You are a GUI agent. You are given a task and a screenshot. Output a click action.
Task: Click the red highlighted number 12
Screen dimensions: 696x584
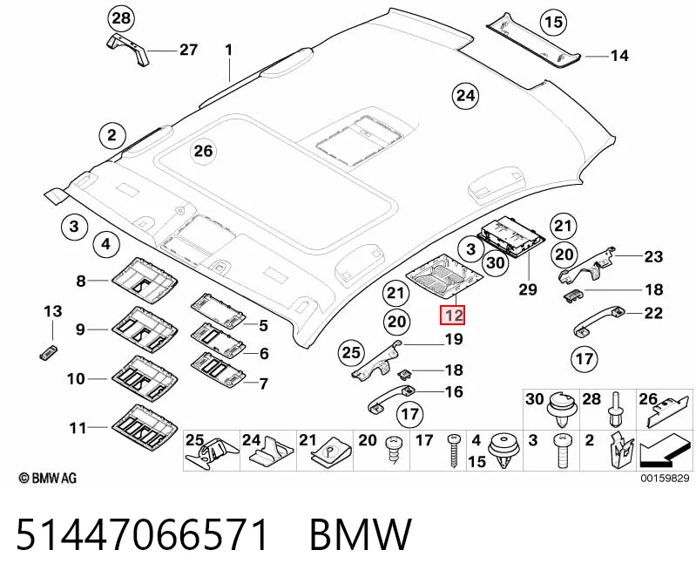pos(452,316)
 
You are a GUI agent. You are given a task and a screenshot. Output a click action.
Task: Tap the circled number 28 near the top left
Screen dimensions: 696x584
pos(121,18)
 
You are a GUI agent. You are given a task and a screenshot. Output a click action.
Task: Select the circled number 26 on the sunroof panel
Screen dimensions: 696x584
pos(203,151)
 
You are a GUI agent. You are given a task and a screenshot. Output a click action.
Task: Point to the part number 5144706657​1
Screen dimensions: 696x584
pos(143,533)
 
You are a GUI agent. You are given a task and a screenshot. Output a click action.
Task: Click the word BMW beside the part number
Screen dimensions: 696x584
pos(361,533)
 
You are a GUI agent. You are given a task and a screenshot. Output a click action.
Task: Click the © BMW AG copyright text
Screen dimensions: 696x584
pos(48,478)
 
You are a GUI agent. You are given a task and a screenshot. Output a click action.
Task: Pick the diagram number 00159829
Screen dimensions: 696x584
pos(665,478)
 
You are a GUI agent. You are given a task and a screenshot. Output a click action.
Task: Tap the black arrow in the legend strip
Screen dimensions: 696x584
pos(665,451)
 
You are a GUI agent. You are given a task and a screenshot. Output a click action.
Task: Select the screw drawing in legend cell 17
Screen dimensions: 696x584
pos(454,451)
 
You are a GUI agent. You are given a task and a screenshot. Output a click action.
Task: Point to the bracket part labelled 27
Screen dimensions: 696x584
pos(128,49)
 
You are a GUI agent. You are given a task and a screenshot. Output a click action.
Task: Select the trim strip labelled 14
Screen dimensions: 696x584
pos(533,40)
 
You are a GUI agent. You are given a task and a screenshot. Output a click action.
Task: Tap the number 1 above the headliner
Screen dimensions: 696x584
pos(228,51)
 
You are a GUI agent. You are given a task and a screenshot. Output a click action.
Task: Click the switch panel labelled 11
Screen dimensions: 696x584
pos(145,426)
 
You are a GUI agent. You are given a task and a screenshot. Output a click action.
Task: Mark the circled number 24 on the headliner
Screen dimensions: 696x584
pos(465,96)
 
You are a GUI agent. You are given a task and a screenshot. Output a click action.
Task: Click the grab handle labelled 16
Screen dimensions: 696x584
pos(391,398)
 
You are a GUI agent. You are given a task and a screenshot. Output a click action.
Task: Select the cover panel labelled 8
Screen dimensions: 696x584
pos(145,279)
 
